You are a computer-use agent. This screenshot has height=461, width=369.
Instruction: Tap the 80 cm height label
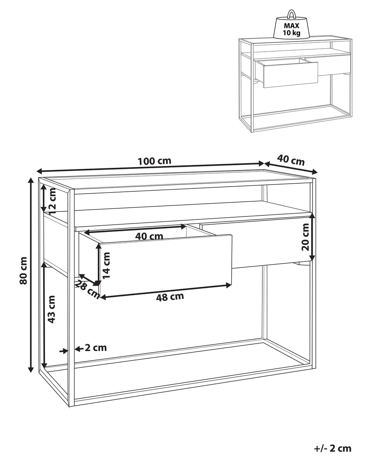click(x=23, y=270)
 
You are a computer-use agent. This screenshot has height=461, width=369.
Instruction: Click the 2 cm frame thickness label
click(x=96, y=348)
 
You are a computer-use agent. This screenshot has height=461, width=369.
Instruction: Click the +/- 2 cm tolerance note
click(x=332, y=448)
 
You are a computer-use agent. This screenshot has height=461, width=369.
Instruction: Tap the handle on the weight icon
click(x=292, y=14)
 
